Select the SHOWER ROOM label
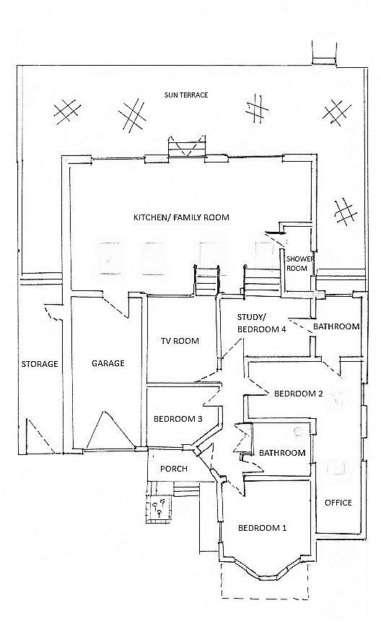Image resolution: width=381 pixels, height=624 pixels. pyautogui.click(x=297, y=264)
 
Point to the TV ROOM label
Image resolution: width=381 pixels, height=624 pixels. pyautogui.click(x=179, y=341)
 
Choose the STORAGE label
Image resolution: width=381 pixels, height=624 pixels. pyautogui.click(x=39, y=364)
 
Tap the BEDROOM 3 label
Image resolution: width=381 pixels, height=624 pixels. pyautogui.click(x=178, y=419)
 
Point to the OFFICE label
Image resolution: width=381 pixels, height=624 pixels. pyautogui.click(x=338, y=503)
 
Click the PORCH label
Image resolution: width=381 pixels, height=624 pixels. pyautogui.click(x=173, y=469)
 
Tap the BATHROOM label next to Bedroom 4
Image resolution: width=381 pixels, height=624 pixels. pyautogui.click(x=336, y=326)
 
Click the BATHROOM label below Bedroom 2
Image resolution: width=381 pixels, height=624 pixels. pyautogui.click(x=282, y=453)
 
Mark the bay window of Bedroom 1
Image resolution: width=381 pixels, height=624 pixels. pyautogui.click(x=262, y=568)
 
